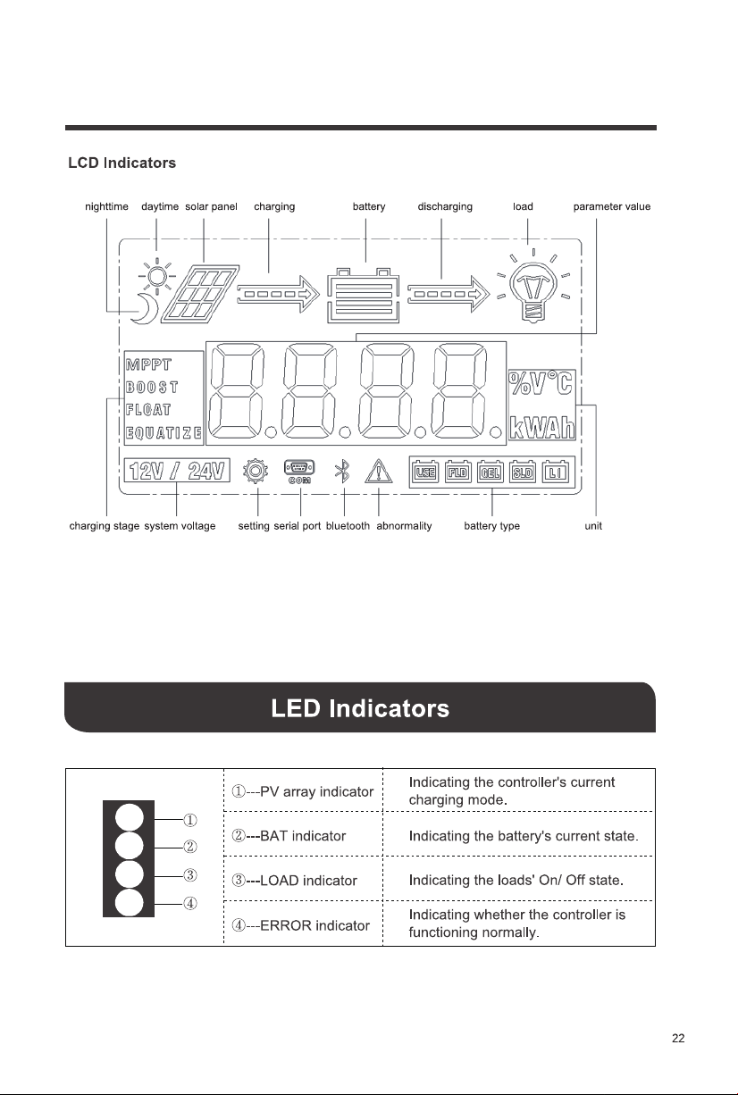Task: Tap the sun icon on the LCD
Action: tap(157, 276)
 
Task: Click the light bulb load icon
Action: tap(533, 286)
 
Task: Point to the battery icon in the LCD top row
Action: tap(363, 296)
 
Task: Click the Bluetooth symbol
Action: tap(342, 472)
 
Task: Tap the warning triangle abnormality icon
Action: tap(379, 472)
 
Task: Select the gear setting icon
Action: tap(256, 472)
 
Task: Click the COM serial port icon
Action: tap(299, 472)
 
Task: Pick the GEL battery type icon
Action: tap(490, 472)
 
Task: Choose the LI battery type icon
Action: tap(555, 472)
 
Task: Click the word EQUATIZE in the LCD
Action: tap(164, 432)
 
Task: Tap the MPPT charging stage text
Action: tap(148, 364)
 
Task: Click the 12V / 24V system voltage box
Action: tap(177, 471)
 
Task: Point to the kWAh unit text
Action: tap(541, 428)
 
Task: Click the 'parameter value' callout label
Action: tap(612, 207)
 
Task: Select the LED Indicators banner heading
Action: tap(360, 708)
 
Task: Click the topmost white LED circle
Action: tap(130, 817)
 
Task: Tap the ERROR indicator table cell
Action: tap(303, 925)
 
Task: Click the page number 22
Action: tap(678, 1039)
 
